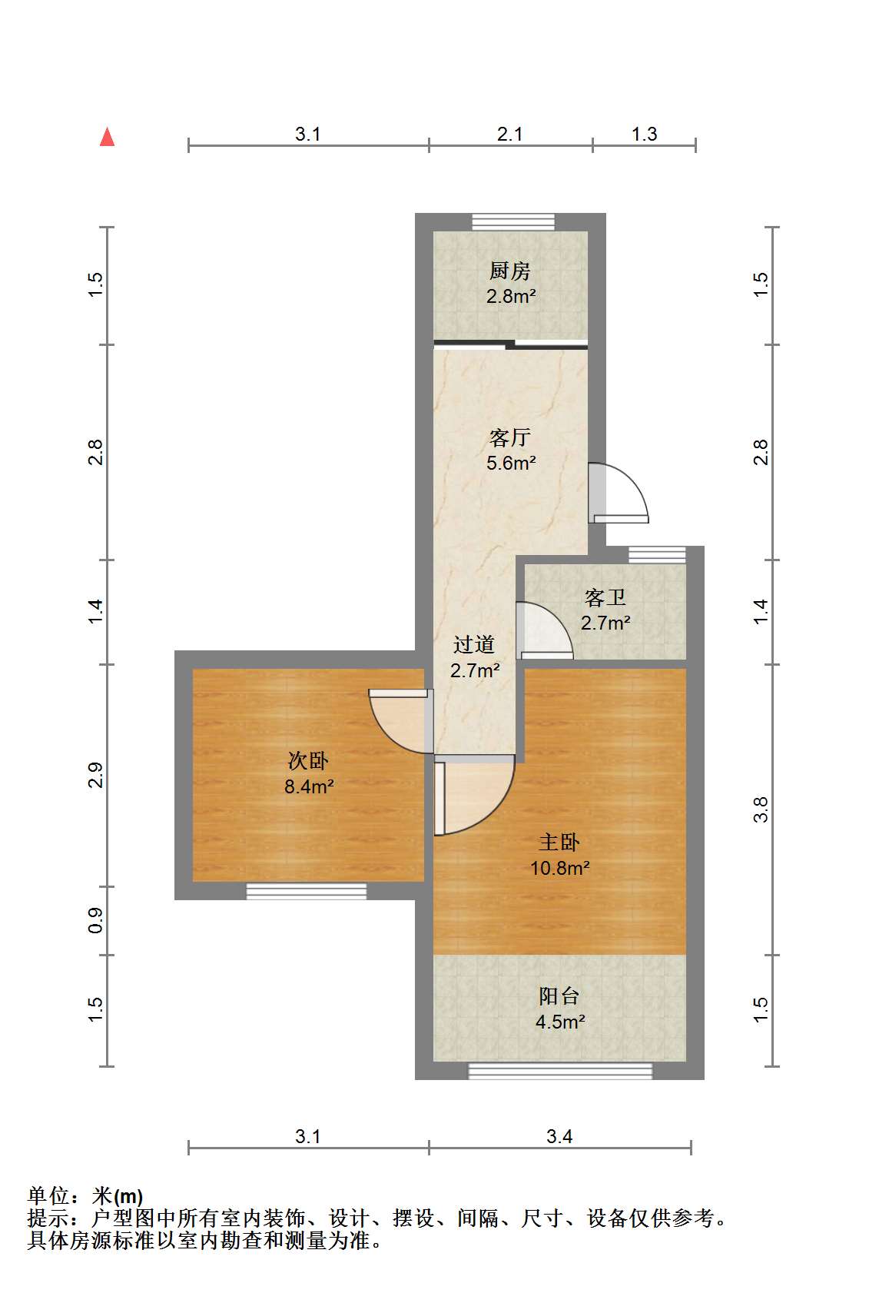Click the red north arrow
click(108, 137)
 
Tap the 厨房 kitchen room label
click(510, 270)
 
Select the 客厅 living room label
click(510, 437)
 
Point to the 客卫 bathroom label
click(605, 597)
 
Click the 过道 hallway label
click(474, 645)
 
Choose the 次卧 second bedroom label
click(308, 761)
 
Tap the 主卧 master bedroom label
click(559, 843)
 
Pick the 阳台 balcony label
click(559, 996)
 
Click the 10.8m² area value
click(559, 868)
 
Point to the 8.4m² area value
click(309, 786)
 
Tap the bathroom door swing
click(545, 630)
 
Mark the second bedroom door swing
click(401, 721)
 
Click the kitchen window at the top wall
click(513, 222)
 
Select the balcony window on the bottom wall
click(560, 1072)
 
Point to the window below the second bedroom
click(307, 891)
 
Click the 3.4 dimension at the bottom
click(559, 1137)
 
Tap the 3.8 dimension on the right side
click(761, 809)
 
